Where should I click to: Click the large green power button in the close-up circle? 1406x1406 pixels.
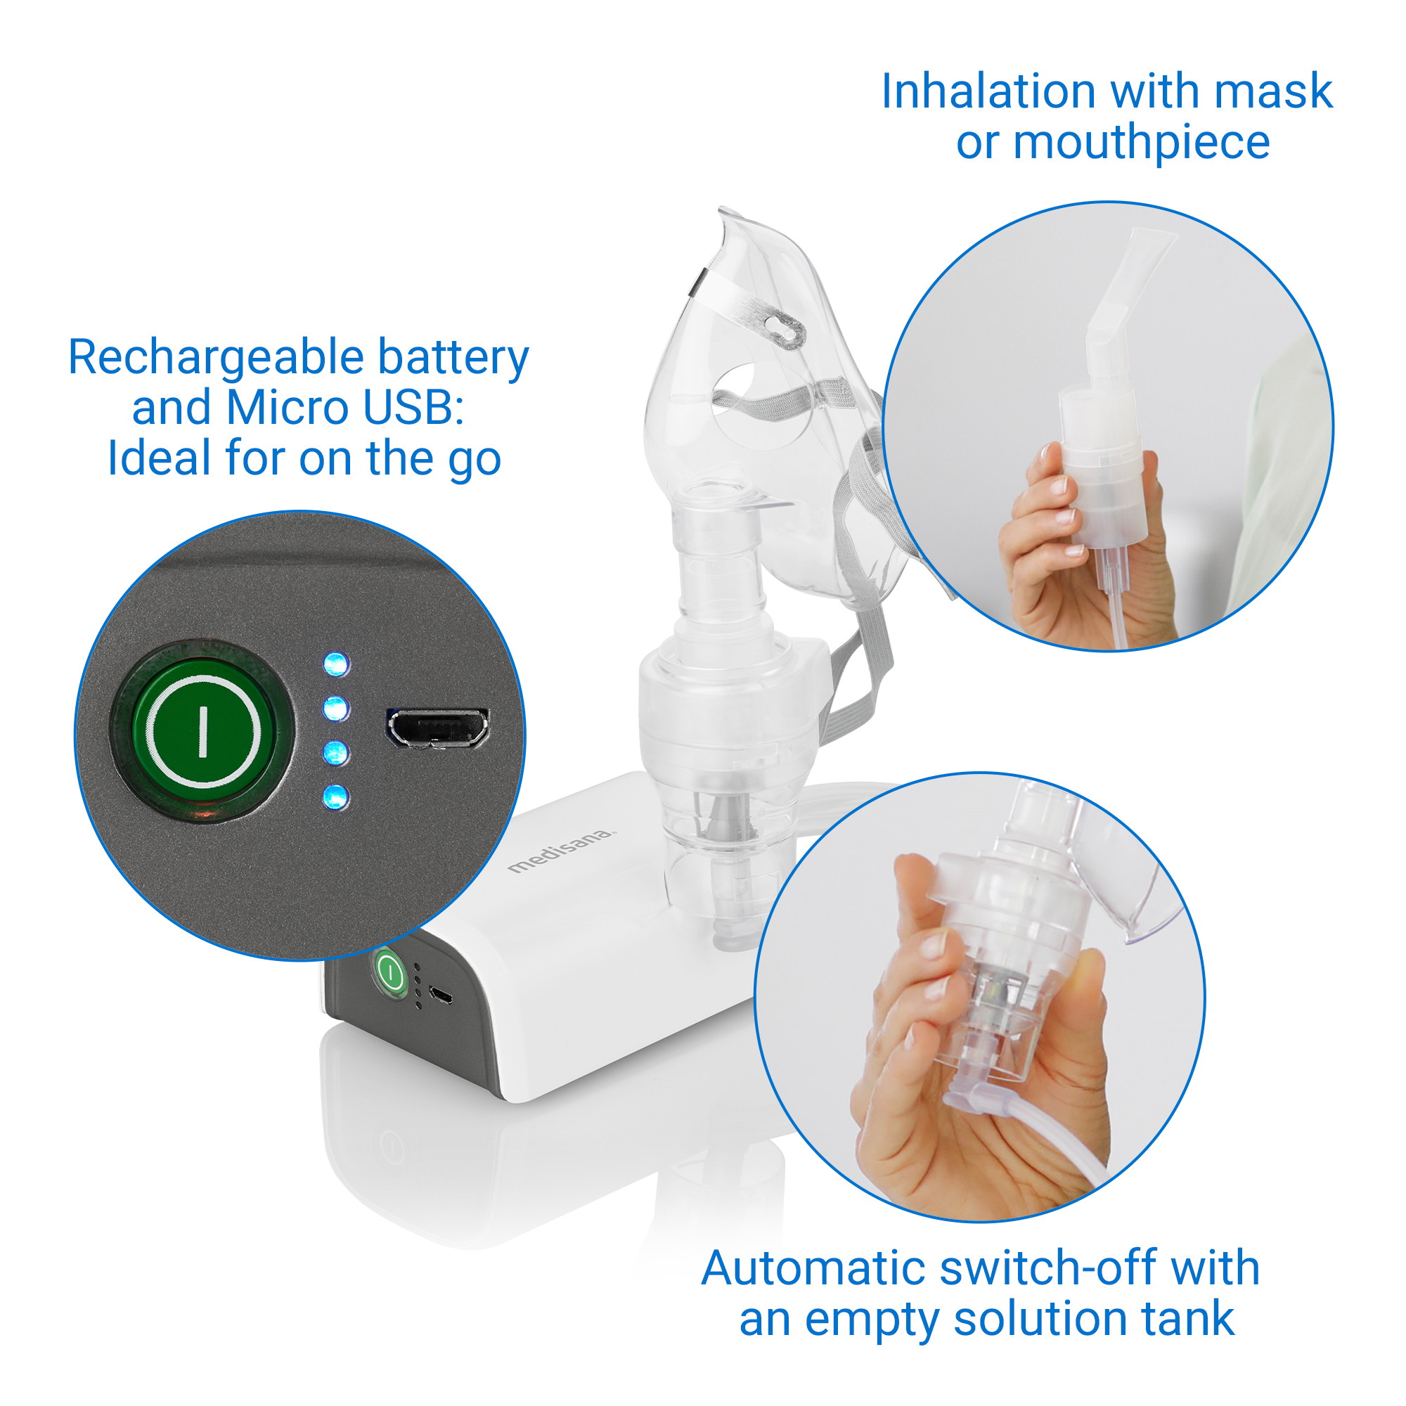point(203,730)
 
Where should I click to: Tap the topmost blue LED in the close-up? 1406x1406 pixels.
point(335,664)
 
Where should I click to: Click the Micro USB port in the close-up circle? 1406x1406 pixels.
point(437,728)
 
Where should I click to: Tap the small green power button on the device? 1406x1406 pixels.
point(390,972)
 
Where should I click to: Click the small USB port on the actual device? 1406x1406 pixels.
point(440,995)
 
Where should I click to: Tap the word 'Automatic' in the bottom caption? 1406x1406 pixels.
point(814,1269)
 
